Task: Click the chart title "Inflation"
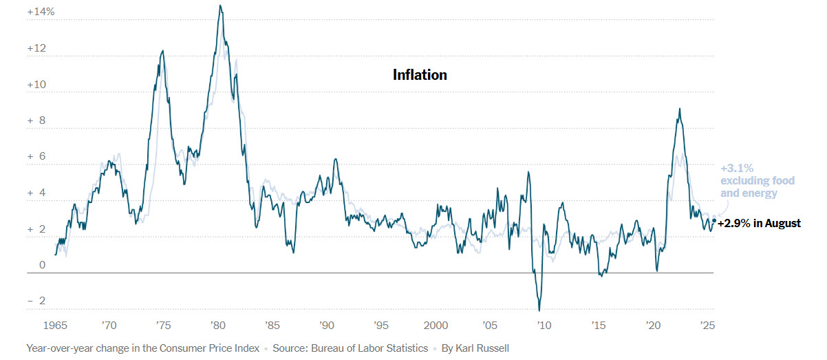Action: (420, 74)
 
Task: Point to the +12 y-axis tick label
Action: (37, 49)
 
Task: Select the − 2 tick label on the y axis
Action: (37, 301)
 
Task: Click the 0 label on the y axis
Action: (41, 265)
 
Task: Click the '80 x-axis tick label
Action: (217, 324)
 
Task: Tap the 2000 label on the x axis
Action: (436, 324)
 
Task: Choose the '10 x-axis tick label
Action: (544, 324)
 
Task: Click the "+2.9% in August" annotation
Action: (759, 223)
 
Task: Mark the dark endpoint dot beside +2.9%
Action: (714, 221)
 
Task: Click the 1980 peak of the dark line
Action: (219, 6)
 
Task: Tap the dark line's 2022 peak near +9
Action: (680, 109)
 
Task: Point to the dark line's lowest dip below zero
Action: (539, 310)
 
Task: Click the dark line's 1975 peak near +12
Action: (162, 50)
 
